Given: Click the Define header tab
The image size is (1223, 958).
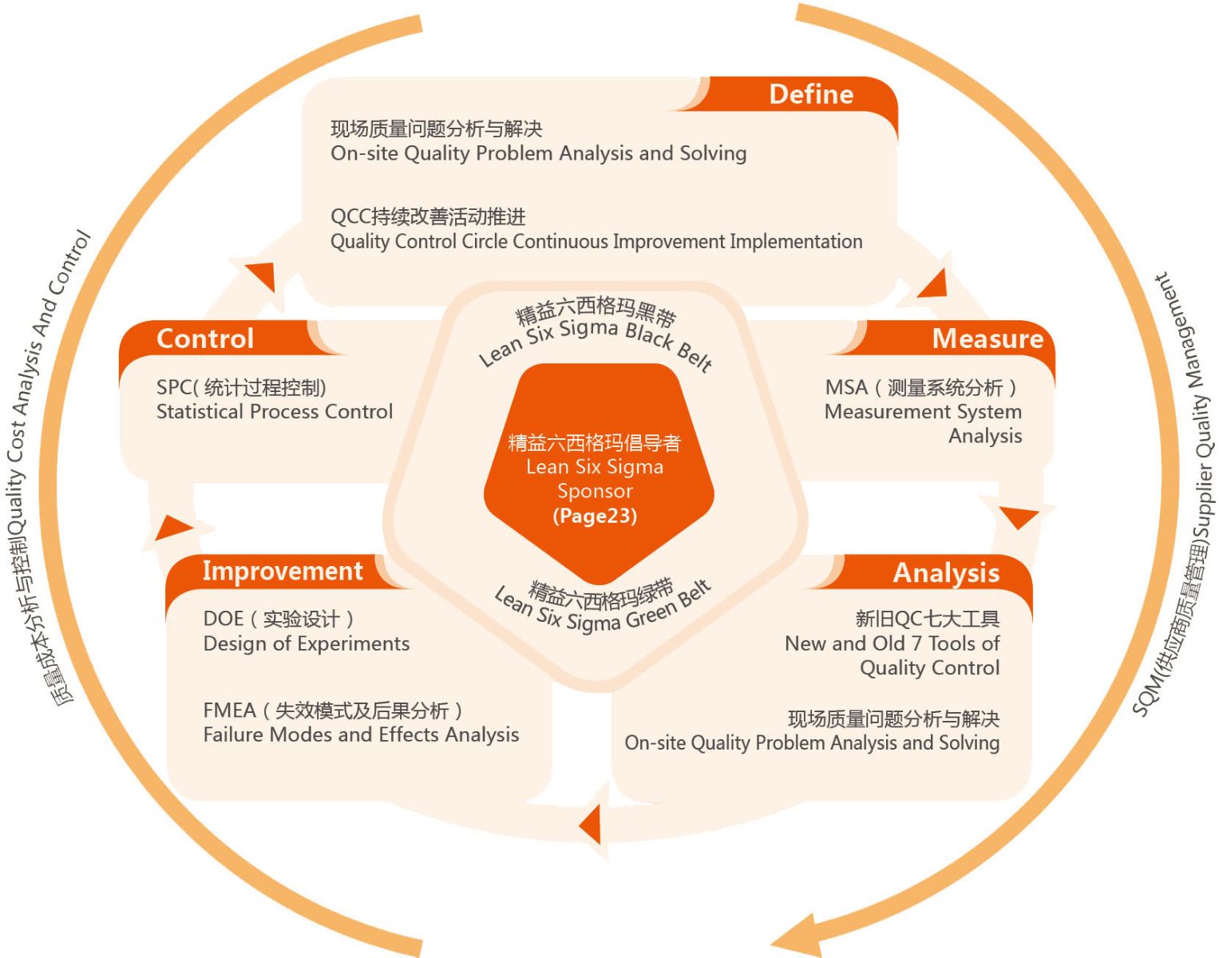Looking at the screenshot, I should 810,94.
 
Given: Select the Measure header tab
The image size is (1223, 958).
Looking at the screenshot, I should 987,338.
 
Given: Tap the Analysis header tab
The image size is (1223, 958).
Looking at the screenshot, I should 945,572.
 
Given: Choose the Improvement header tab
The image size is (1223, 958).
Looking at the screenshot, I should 282,571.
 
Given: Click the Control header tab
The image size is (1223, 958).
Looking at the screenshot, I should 205,338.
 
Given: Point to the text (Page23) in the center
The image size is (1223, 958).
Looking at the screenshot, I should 595,516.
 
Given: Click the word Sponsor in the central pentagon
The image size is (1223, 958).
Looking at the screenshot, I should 595,491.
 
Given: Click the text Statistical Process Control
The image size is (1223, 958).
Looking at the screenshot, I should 274,412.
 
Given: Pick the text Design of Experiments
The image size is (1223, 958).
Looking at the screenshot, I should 306,643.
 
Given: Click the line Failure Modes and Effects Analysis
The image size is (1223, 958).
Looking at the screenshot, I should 361,734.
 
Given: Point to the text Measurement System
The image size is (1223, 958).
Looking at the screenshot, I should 923,412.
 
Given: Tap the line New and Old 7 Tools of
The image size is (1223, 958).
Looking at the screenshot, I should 892,643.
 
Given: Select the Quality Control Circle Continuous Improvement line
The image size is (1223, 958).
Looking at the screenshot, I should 596,241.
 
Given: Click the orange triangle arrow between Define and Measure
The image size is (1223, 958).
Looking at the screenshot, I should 934,283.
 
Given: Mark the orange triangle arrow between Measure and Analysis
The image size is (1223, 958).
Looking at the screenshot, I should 1019,517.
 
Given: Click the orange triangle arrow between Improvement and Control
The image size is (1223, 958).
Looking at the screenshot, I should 172,528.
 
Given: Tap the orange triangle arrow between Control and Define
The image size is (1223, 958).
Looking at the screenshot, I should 262,275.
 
